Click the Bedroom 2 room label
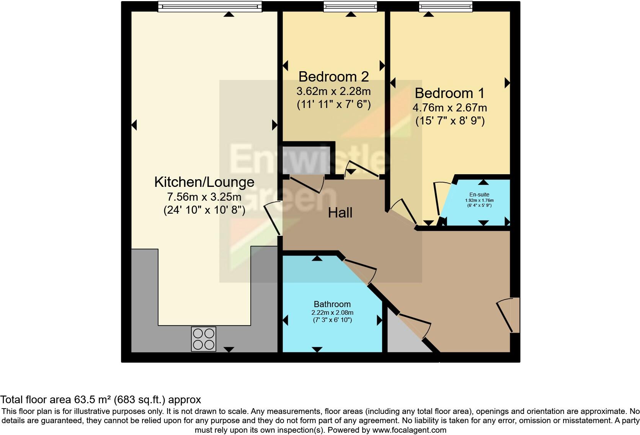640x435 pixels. pos(333,77)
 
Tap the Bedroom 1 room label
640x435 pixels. pos(449,93)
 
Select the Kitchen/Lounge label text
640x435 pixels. pos(204,182)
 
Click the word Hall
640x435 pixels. pos(340,213)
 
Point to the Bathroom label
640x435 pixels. pos(332,304)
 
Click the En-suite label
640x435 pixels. pos(479,195)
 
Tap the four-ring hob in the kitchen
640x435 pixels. pos(204,339)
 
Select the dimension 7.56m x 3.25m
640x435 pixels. pos(204,197)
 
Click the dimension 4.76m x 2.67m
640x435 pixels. pos(449,108)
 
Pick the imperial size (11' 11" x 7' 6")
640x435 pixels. pos(333,105)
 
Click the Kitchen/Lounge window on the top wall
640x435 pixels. pos(210,6)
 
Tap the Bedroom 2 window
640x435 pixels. pos(350,6)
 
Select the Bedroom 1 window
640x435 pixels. pos(445,6)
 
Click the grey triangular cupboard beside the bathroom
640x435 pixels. pos(402,339)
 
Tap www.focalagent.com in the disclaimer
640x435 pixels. pos(409,430)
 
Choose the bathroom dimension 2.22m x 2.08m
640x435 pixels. pos(332,312)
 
